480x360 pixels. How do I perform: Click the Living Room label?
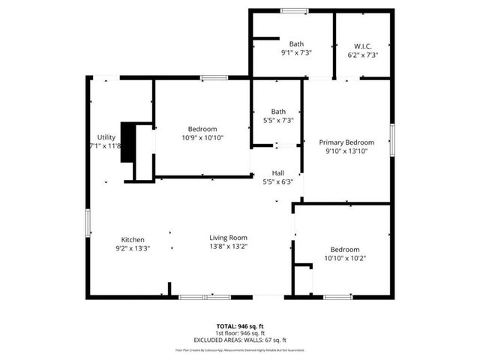tap(228, 238)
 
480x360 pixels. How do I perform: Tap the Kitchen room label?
tap(132, 240)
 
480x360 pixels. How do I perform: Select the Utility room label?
tap(106, 137)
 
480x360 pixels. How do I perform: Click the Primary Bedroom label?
tap(346, 142)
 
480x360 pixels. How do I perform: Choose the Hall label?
tap(278, 172)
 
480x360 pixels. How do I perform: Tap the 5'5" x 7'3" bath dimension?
tap(277, 120)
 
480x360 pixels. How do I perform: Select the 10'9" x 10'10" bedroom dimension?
tap(202, 137)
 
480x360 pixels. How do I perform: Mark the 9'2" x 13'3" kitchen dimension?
tap(132, 248)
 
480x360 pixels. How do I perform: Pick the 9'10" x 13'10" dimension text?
tap(346, 151)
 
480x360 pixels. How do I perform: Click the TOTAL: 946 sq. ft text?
tap(240, 326)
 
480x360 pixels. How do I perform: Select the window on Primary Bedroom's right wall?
tap(391, 139)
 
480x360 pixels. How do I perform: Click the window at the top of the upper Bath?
tap(294, 10)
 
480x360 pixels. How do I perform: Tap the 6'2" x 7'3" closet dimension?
tap(362, 54)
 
